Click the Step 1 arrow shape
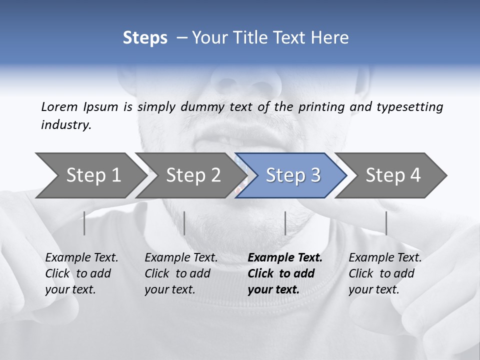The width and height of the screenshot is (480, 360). pyautogui.click(x=90, y=175)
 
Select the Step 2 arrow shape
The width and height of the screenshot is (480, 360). pyautogui.click(x=192, y=175)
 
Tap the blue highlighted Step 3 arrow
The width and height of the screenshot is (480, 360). pyautogui.click(x=292, y=175)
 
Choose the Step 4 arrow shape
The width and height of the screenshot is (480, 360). pyautogui.click(x=393, y=175)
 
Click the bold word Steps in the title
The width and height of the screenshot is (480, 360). pyautogui.click(x=145, y=38)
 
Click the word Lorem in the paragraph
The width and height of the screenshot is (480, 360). pyautogui.click(x=59, y=106)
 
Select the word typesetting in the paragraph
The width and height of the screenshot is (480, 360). pyautogui.click(x=409, y=106)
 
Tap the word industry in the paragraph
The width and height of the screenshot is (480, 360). pyautogui.click(x=66, y=124)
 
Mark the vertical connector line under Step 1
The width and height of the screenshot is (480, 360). pyautogui.click(x=84, y=223)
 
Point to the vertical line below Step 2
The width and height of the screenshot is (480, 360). pyautogui.click(x=184, y=223)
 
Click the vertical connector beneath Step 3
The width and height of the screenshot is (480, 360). pyautogui.click(x=285, y=223)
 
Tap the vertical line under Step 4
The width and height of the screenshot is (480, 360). pyautogui.click(x=386, y=223)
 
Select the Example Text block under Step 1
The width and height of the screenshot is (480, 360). pyautogui.click(x=81, y=273)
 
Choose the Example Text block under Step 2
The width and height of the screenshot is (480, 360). pyautogui.click(x=181, y=273)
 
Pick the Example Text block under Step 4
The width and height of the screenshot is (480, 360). pyautogui.click(x=385, y=273)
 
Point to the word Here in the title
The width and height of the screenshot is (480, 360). pyautogui.click(x=332, y=38)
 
